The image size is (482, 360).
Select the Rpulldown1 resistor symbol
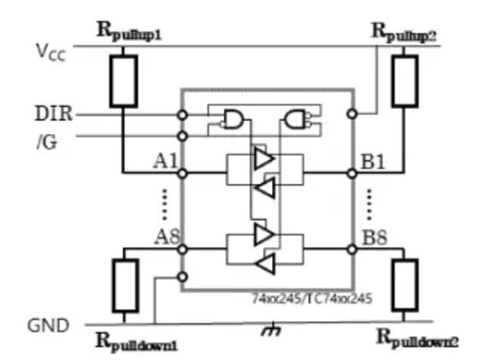(125, 286)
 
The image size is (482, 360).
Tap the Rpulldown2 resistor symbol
(404, 286)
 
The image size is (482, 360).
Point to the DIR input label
(53, 113)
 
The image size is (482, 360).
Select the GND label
(49, 325)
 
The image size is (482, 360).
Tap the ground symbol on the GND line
(273, 328)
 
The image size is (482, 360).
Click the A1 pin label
(165, 159)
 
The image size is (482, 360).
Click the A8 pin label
(166, 236)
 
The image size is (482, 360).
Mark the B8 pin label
(375, 236)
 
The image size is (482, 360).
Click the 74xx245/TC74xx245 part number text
(311, 300)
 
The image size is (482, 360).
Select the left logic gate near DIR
(231, 119)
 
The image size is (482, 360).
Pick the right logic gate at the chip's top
(298, 119)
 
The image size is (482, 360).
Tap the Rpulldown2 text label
(418, 338)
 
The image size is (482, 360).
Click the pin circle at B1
(351, 173)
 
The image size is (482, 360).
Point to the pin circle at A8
(181, 249)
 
